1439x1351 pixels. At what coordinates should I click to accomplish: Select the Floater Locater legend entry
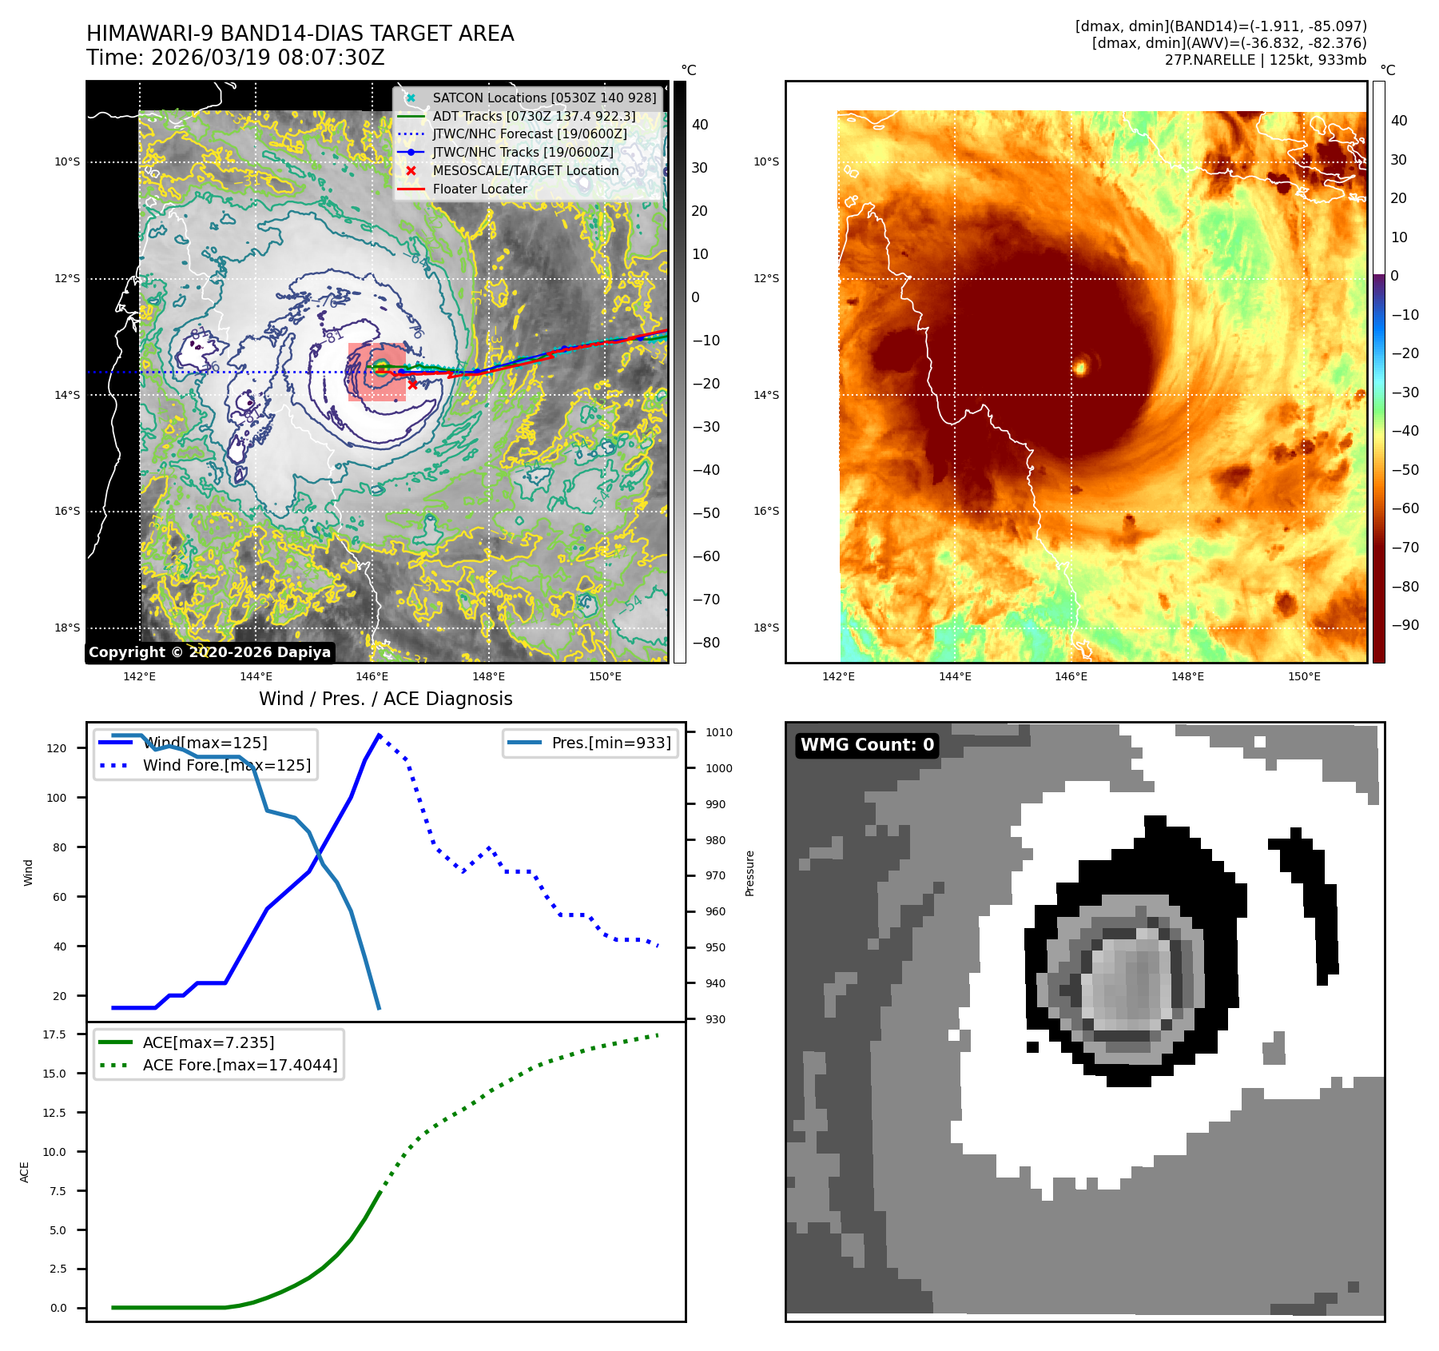pyautogui.click(x=479, y=189)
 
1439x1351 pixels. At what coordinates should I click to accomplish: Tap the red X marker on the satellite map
pyautogui.click(x=412, y=385)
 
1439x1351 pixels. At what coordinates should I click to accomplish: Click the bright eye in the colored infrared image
pyautogui.click(x=1080, y=367)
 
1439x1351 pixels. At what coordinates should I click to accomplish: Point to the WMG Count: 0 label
pyautogui.click(x=867, y=745)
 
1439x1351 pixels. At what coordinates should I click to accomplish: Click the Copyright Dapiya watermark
pyautogui.click(x=209, y=652)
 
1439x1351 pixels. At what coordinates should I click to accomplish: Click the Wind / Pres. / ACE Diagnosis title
pyautogui.click(x=385, y=699)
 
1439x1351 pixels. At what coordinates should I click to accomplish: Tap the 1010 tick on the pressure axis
pyautogui.click(x=718, y=732)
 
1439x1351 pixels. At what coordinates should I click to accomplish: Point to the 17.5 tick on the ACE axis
pyautogui.click(x=54, y=1034)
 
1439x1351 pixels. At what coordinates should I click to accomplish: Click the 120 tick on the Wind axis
pyautogui.click(x=57, y=748)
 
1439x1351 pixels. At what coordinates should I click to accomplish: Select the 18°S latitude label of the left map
pyautogui.click(x=67, y=628)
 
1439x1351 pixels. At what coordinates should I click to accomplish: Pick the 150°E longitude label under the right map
pyautogui.click(x=1304, y=677)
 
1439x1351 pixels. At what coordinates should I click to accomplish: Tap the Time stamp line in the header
pyautogui.click(x=236, y=58)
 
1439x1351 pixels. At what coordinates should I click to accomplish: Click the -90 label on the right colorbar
pyautogui.click(x=1405, y=625)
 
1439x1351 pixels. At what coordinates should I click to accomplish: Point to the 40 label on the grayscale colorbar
pyautogui.click(x=700, y=125)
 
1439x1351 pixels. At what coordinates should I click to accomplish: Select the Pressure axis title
pyautogui.click(x=749, y=873)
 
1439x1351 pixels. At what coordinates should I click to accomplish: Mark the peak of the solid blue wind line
pyautogui.click(x=379, y=735)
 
